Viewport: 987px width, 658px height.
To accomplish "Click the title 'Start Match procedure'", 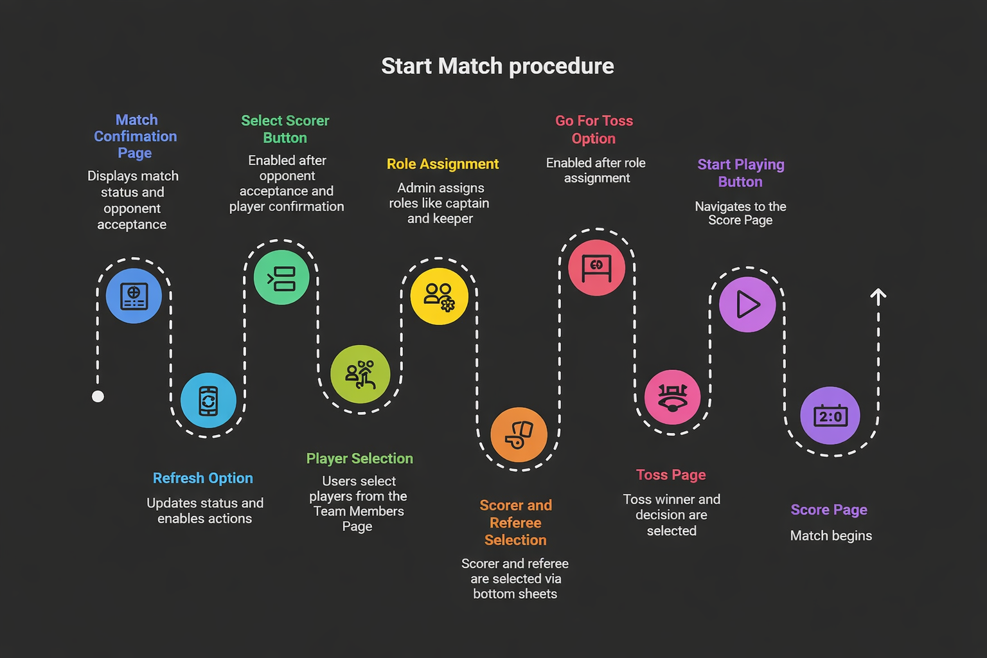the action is (x=497, y=67).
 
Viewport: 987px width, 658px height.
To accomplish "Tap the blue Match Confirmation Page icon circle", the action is (x=134, y=296).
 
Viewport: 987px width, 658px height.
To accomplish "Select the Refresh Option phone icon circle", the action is (x=208, y=400).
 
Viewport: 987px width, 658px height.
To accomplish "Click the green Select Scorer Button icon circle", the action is (x=281, y=277).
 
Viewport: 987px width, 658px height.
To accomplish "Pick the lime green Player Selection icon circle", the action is (x=360, y=374).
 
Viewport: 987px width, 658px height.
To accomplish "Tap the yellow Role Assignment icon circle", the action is (x=440, y=296).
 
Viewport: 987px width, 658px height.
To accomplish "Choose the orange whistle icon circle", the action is (x=519, y=434).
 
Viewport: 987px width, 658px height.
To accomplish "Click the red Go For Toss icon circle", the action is (x=596, y=267).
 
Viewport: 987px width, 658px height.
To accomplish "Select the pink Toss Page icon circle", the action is (x=672, y=397).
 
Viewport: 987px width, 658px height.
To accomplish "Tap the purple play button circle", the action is (x=747, y=304).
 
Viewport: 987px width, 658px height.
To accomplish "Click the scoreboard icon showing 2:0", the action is (x=830, y=416).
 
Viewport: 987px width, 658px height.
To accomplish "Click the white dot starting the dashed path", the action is (x=98, y=396).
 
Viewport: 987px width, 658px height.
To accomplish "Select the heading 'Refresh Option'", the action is (x=203, y=478).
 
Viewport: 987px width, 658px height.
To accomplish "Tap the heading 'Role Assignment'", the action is (x=443, y=164).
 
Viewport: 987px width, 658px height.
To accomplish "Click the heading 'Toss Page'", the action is (x=671, y=475).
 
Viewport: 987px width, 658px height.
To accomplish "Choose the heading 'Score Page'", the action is (x=829, y=510).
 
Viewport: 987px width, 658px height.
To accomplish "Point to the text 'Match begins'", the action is (x=831, y=535).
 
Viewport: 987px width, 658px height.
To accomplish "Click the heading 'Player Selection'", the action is (x=360, y=459).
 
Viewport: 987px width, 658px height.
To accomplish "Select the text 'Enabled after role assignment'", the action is (x=596, y=170).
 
